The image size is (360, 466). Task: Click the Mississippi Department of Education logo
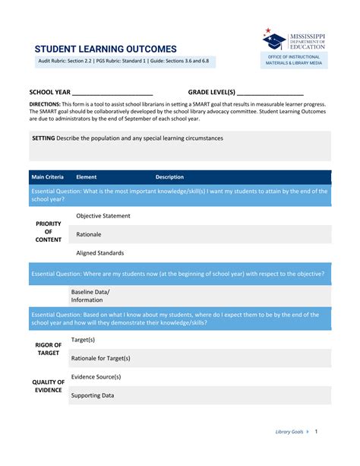coord(294,40)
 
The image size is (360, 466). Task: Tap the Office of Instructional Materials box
coord(294,60)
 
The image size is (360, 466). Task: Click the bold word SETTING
coord(43,138)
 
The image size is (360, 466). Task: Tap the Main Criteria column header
coord(47,177)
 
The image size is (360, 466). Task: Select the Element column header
coord(87,177)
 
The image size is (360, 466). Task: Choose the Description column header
coord(169,177)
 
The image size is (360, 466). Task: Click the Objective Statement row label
coord(103,216)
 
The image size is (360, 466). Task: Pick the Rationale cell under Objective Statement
coord(89,234)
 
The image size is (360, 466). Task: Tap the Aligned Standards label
coord(100,253)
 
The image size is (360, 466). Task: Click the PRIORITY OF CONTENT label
coord(48,232)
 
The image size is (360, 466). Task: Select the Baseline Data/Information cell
coord(90,296)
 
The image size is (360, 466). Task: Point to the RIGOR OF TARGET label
coord(48,349)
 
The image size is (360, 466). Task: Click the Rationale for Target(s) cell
coord(100,358)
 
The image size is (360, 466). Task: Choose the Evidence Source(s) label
coord(96,376)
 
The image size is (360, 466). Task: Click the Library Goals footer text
coord(289,432)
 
